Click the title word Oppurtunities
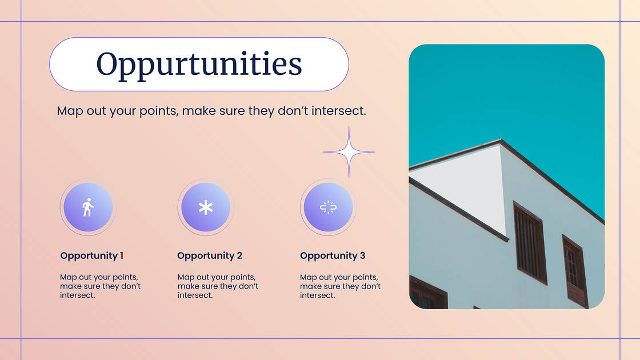click(x=199, y=64)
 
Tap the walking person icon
click(x=87, y=207)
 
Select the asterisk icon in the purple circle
click(x=206, y=207)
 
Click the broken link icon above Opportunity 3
click(x=327, y=207)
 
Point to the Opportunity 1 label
click(x=91, y=255)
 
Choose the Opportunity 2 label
click(x=210, y=255)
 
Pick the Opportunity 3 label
click(x=333, y=255)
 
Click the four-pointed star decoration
click(x=349, y=152)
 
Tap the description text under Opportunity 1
click(x=100, y=286)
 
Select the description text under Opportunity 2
click(x=218, y=286)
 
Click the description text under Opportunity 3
click(x=340, y=286)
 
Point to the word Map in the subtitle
click(x=70, y=111)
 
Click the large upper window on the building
click(x=530, y=242)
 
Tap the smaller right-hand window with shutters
click(x=575, y=270)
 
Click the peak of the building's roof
click(x=501, y=141)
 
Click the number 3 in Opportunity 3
click(x=362, y=255)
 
